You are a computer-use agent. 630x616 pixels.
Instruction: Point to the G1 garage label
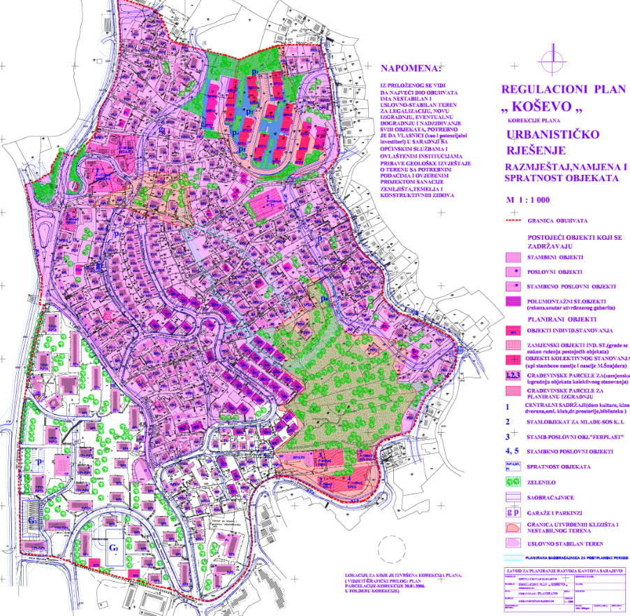tap(31, 522)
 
